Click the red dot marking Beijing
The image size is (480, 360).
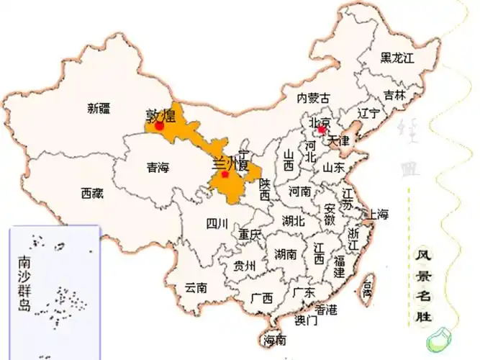point(321,130)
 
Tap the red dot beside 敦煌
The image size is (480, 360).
point(159,125)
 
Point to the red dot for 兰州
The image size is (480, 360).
point(225,173)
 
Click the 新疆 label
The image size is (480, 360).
point(99,109)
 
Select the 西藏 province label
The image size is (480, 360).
point(92,193)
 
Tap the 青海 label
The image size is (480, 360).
point(157,168)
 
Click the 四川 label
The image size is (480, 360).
point(217,223)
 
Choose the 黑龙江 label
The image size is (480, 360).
point(397,57)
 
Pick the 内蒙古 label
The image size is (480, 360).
point(314,98)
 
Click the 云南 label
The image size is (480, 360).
point(196,287)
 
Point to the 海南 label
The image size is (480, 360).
point(275,340)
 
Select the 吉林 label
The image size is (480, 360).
point(394,95)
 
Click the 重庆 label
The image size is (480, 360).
point(250,234)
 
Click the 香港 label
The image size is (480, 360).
point(326,310)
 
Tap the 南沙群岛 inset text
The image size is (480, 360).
point(25,282)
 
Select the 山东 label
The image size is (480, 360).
point(333,167)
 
